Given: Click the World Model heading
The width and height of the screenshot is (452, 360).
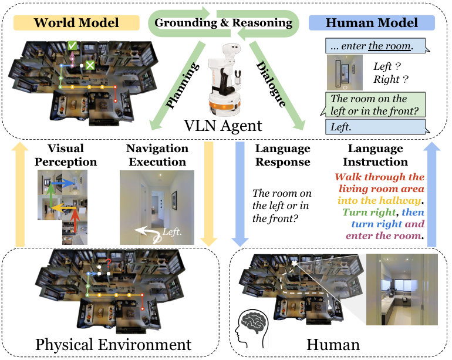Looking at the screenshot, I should tap(76, 23).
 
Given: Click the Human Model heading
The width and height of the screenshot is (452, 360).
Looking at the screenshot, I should tap(372, 23).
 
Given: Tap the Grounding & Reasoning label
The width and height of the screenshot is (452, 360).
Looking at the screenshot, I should tap(223, 23).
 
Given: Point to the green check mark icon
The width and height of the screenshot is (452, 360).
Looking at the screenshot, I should tap(72, 45).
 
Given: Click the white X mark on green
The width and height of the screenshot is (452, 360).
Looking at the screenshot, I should tap(90, 65).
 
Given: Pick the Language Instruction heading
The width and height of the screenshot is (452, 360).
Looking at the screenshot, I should tap(376, 155).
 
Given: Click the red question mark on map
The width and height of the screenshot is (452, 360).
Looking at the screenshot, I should tap(108, 264).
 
